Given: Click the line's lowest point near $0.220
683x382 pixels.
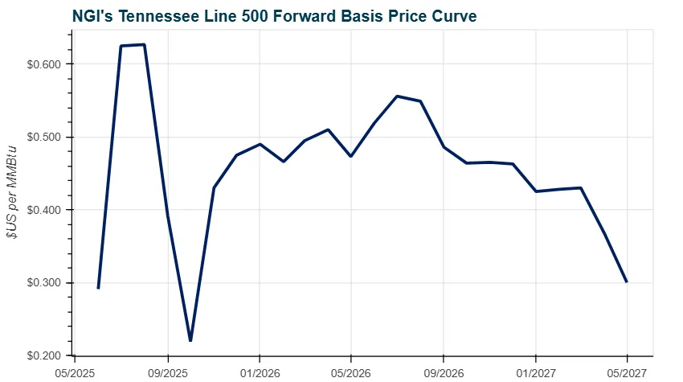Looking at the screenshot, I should (190, 340).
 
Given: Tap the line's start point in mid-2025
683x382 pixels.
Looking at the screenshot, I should (98, 288).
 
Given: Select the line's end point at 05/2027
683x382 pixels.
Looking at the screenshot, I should (627, 281).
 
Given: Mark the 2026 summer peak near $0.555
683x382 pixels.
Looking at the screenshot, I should (397, 96).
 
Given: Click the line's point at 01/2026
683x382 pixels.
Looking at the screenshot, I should (260, 144).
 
